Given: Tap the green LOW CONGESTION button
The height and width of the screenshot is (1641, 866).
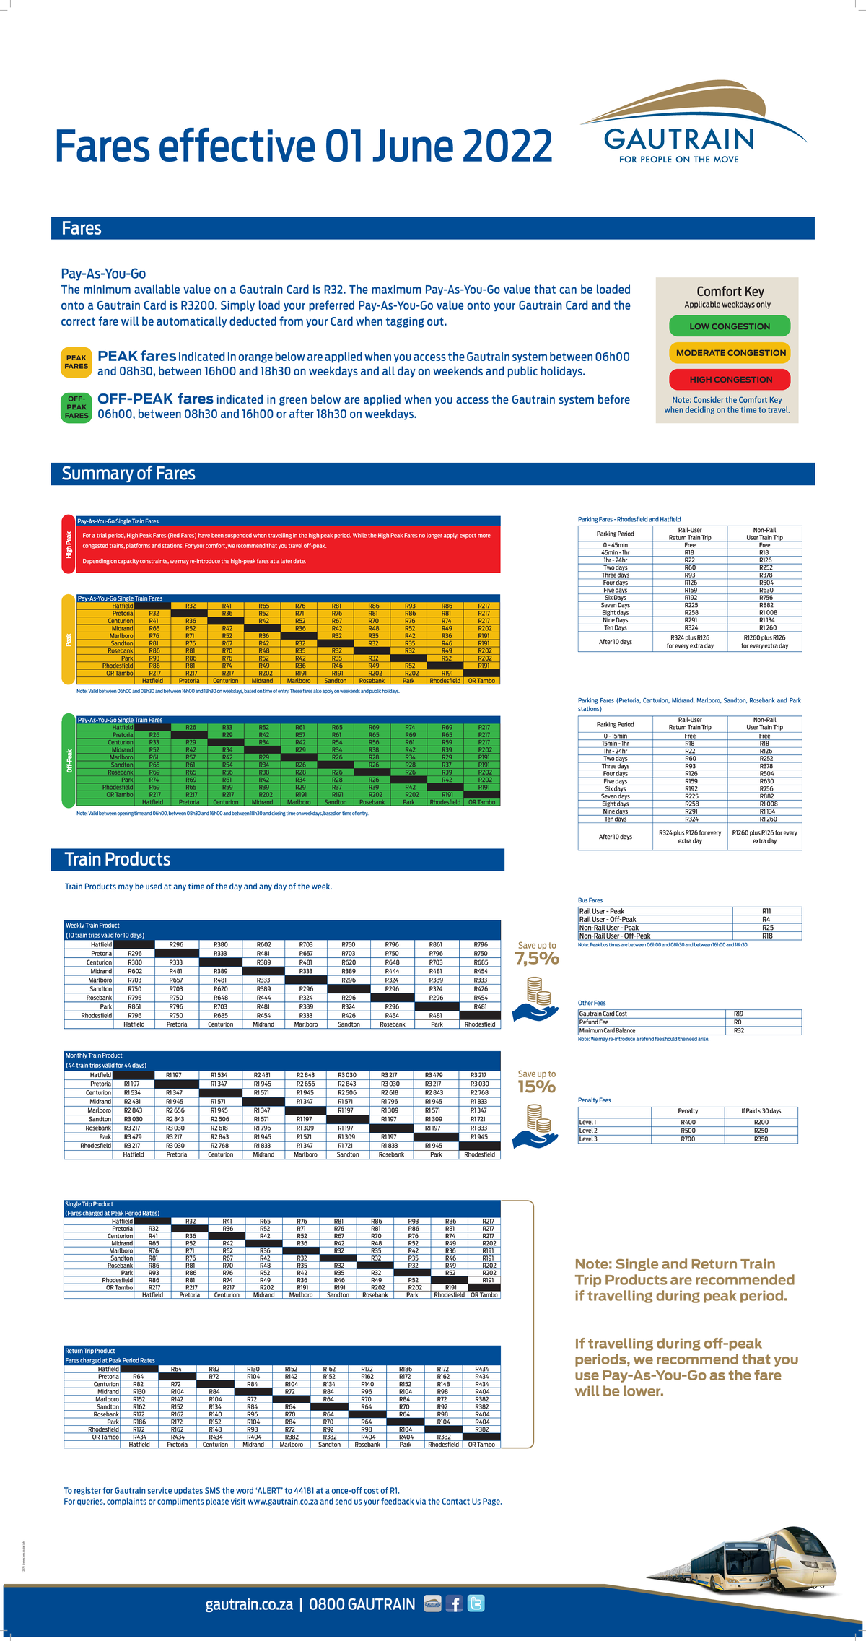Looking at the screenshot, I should (730, 326).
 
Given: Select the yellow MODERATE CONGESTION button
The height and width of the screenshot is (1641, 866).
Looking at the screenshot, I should (730, 353).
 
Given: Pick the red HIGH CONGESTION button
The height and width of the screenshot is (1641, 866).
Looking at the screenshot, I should (730, 379).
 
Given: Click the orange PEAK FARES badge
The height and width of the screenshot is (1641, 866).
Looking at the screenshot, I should (76, 362).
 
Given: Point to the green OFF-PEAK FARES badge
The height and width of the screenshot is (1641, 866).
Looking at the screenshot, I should (76, 407).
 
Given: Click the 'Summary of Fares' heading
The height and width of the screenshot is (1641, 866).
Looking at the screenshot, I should (128, 474).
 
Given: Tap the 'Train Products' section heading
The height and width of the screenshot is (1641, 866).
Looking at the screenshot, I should (118, 859).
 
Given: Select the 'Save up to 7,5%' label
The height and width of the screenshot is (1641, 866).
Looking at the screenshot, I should (537, 954).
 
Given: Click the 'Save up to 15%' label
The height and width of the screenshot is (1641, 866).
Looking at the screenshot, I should (537, 1082).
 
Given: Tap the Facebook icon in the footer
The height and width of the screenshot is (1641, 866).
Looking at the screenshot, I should (454, 1603).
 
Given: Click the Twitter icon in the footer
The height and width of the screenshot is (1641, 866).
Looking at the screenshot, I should (476, 1603).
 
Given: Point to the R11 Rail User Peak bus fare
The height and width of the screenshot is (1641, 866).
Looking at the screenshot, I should (766, 911).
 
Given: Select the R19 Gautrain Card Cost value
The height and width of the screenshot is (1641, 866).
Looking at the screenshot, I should (738, 1014).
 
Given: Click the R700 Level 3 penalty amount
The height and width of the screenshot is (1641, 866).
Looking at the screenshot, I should (688, 1139).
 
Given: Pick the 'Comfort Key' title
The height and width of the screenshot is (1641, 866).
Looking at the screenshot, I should (730, 292).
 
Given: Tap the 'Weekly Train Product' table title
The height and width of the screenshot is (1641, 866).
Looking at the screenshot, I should (92, 926).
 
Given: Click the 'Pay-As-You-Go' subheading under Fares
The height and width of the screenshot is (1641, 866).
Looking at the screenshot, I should (103, 274).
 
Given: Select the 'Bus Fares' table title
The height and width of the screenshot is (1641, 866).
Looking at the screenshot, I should (590, 900).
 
